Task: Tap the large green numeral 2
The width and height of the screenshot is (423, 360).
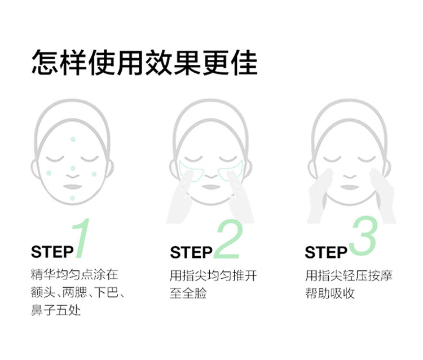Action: point(228,239)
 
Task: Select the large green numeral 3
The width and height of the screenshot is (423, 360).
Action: point(362,236)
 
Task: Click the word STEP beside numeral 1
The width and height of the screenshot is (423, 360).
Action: point(52,252)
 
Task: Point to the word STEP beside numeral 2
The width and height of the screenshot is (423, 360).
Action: point(191,252)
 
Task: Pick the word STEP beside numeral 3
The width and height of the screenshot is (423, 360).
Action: point(326,252)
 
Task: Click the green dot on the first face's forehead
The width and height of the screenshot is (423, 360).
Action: point(73,139)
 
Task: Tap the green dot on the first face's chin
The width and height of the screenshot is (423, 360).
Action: point(72,198)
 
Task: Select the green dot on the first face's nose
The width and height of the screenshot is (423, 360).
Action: point(73,168)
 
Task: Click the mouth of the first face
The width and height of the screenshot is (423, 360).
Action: point(72,187)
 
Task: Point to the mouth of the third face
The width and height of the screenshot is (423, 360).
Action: point(350,187)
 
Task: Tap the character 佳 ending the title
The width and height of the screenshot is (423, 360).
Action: point(244,63)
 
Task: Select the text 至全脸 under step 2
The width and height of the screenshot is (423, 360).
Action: point(188,293)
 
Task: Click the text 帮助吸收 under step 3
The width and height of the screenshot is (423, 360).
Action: point(330,293)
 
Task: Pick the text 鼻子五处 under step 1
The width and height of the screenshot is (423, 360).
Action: point(56,310)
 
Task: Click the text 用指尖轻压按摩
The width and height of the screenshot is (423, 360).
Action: point(349,275)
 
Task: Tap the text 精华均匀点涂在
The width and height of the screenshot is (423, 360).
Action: point(74,274)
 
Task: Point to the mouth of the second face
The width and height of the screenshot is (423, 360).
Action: point(211,187)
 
